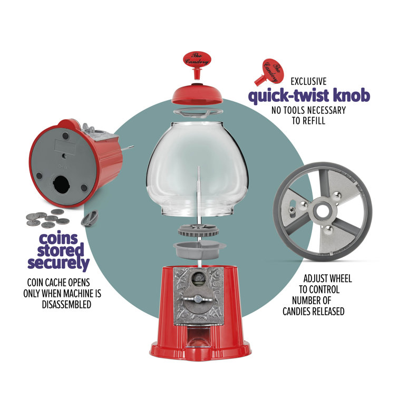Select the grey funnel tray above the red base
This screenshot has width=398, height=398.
coord(199,249)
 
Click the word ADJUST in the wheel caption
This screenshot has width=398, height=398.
coord(316,278)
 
